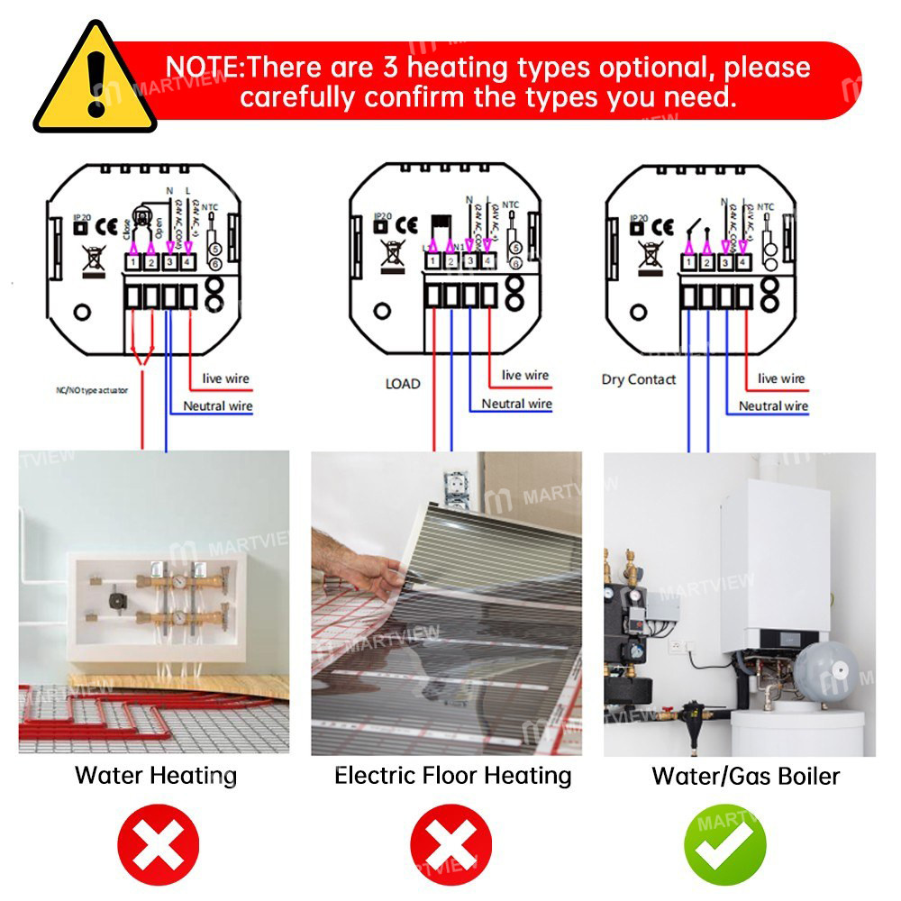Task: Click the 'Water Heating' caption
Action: (156, 775)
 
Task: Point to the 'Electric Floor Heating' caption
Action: (453, 775)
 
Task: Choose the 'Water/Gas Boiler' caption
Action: (746, 775)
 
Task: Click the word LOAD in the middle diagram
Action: (402, 384)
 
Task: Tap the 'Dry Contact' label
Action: (638, 379)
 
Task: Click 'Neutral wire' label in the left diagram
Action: (218, 406)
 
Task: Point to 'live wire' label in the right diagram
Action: (781, 378)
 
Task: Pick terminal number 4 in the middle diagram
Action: (488, 262)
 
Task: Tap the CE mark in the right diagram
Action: (662, 227)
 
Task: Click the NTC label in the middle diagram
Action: (511, 205)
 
